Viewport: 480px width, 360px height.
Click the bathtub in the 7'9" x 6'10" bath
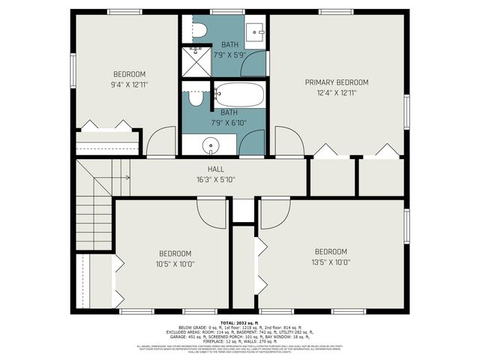(238, 95)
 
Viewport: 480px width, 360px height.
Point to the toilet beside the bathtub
(196, 98)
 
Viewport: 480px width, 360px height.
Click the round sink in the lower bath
(211, 145)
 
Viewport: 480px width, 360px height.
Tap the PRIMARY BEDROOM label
(337, 82)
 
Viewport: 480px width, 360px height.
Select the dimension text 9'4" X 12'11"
(129, 85)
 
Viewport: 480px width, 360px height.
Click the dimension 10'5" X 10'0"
(175, 263)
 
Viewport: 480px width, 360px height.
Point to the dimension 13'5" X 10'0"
(331, 262)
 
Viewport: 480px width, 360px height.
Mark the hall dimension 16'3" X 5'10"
(216, 180)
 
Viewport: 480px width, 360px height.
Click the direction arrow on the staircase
(114, 178)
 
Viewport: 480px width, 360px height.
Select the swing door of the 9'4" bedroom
(161, 142)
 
